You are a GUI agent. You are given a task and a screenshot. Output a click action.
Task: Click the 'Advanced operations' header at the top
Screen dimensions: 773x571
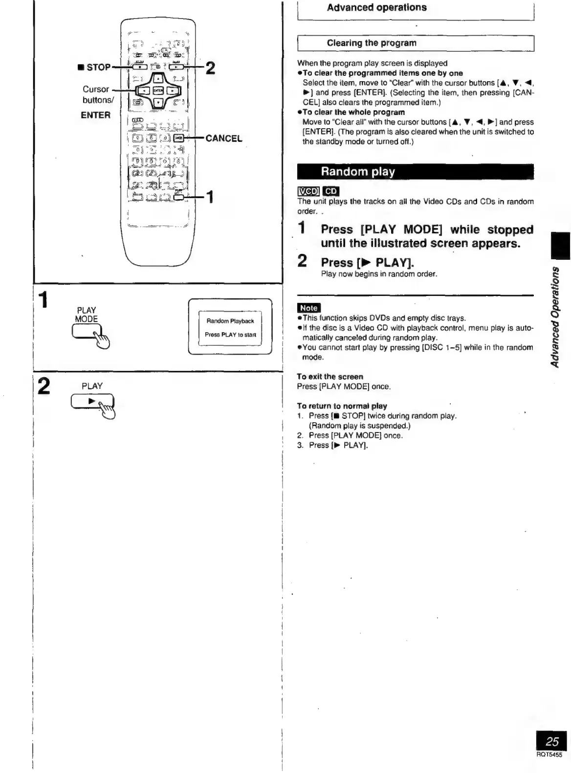(x=376, y=8)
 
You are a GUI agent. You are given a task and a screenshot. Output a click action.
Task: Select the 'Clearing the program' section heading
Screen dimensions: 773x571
(x=372, y=43)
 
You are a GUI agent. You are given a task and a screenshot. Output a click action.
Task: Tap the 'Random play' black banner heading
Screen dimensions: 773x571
(x=358, y=172)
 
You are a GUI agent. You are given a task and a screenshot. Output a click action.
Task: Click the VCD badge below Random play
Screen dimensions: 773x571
(x=308, y=191)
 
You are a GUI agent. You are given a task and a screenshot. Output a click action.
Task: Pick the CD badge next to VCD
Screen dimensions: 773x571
(x=331, y=191)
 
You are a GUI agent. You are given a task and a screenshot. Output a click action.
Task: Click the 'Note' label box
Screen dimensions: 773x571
(x=308, y=308)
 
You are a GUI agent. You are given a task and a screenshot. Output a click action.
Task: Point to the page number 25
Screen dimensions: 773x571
(x=552, y=741)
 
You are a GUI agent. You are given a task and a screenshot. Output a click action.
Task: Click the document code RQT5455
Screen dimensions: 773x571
(x=549, y=755)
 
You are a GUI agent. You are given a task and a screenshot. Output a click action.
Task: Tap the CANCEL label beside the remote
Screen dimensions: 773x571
(x=224, y=138)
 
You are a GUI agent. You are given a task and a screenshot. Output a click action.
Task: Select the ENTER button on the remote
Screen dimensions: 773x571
(x=157, y=91)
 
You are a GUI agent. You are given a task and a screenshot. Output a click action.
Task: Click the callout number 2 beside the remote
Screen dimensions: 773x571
(x=210, y=68)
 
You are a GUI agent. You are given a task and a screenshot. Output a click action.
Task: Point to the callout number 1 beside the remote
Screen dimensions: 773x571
(x=209, y=197)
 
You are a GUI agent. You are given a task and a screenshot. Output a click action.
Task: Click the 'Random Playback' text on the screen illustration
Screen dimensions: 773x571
(x=230, y=321)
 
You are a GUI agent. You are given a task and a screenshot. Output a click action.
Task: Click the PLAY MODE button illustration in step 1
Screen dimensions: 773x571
(x=87, y=333)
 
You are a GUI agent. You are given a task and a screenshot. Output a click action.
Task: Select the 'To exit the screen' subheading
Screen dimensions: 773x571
(x=330, y=377)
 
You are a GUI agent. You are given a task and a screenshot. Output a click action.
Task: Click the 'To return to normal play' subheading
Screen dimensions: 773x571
(x=342, y=406)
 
